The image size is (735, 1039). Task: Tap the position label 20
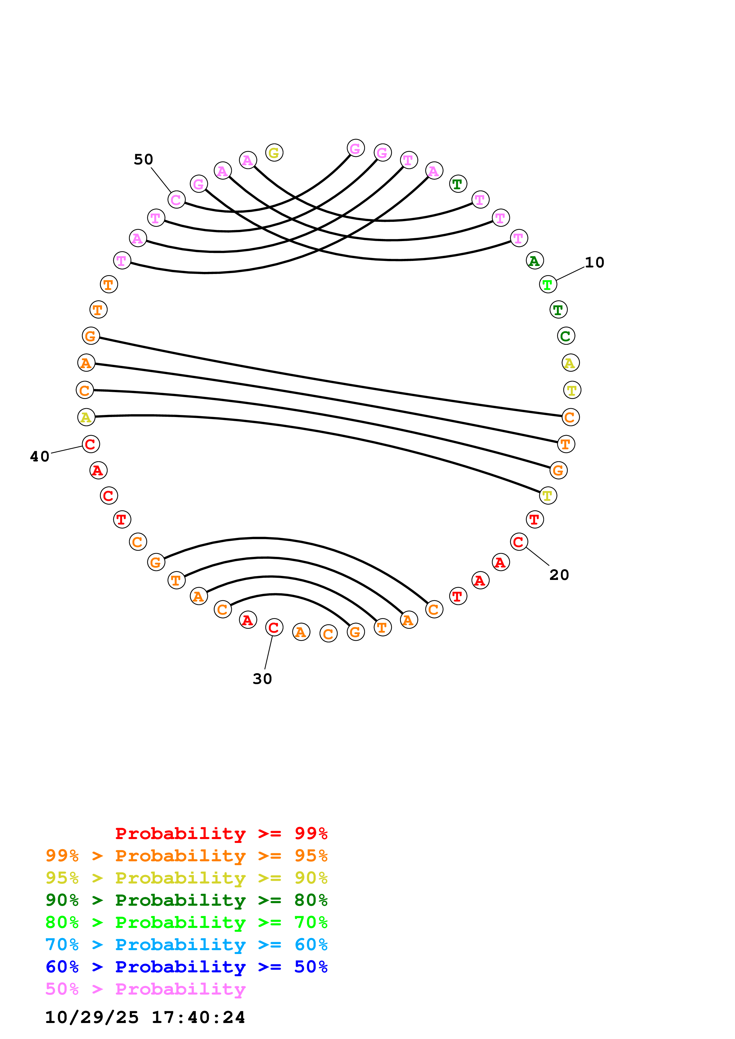(x=559, y=575)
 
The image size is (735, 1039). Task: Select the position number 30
(x=262, y=679)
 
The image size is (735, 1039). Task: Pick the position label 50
(x=143, y=159)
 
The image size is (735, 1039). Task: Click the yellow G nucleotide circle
(x=274, y=153)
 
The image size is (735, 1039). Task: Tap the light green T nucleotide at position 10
(x=548, y=285)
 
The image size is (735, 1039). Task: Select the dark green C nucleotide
(x=566, y=336)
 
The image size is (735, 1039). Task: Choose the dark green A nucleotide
(x=535, y=261)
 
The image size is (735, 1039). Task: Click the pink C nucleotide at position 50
(x=176, y=200)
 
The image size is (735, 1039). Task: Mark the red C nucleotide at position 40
(x=90, y=444)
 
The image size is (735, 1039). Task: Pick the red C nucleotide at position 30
(x=274, y=627)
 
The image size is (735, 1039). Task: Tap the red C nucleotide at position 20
(x=519, y=542)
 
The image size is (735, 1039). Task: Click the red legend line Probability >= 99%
(x=221, y=833)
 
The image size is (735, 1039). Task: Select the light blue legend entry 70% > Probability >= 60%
(x=186, y=945)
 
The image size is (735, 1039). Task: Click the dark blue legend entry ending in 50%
(x=186, y=967)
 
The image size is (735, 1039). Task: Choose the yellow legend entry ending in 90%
(x=186, y=878)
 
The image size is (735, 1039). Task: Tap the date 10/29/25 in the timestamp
(x=92, y=1017)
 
